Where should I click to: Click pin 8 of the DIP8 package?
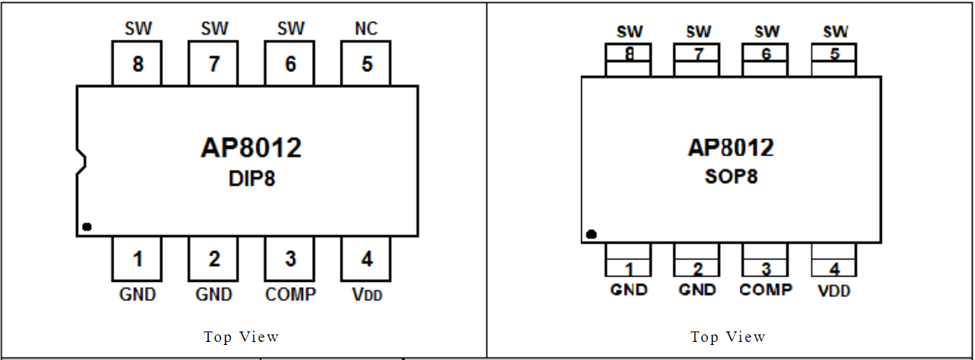pos(138,64)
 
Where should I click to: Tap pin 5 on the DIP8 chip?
pos(366,64)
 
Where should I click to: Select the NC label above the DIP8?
pos(366,29)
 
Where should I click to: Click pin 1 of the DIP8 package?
pos(138,259)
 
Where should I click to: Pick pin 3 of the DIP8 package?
pos(290,259)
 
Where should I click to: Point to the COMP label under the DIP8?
pos(290,295)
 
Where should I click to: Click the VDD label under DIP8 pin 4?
pos(367,295)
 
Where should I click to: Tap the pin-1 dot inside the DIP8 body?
pos(86,226)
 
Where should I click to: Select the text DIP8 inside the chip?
pos(252,179)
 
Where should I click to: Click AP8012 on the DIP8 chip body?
pos(251,147)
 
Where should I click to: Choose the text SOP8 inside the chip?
pos(731,177)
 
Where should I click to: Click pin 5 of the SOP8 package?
pos(834,59)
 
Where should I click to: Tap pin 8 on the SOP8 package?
pos(628,59)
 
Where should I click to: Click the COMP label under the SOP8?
pos(766,289)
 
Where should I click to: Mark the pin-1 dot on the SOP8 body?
pos(591,234)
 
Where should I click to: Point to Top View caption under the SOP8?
pos(728,337)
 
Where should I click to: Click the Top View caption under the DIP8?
pos(241,337)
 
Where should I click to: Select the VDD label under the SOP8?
pos(834,291)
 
